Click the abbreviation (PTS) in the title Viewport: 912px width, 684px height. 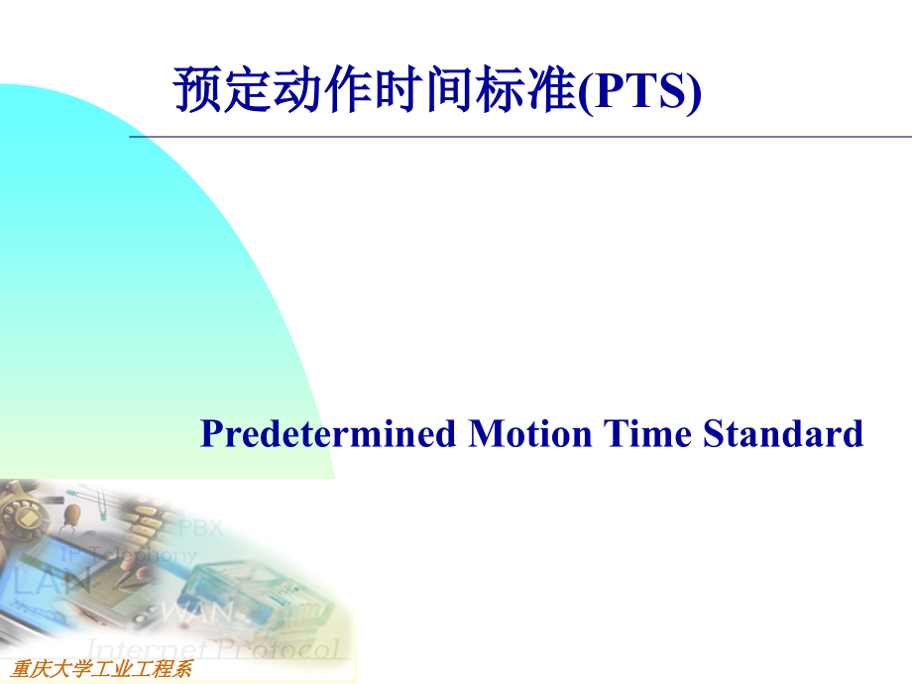coord(639,92)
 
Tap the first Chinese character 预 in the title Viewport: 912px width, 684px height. coord(195,92)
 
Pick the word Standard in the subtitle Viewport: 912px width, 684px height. coord(784,434)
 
